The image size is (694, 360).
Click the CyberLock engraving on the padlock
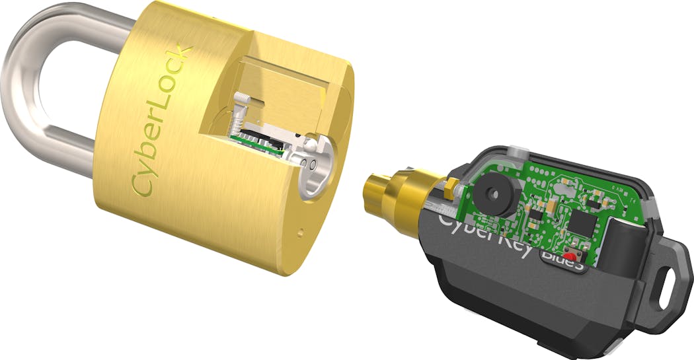[x=163, y=122]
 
